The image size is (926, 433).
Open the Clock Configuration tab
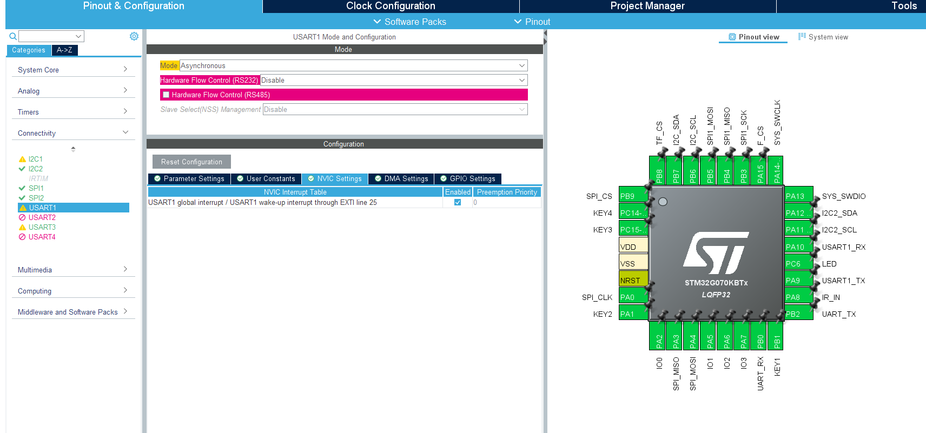coord(391,6)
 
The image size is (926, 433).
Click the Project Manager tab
coord(647,6)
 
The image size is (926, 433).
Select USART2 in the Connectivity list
coord(42,217)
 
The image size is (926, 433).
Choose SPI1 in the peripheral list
coord(36,188)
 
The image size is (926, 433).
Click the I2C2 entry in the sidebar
coord(36,169)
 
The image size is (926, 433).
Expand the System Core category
coord(73,70)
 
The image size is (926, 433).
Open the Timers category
coord(73,112)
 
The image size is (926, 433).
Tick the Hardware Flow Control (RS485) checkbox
coord(166,95)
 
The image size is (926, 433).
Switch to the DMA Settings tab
coord(401,178)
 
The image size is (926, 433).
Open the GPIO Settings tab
coord(467,178)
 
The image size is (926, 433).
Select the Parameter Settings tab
coord(189,178)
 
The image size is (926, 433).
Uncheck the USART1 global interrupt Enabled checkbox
coord(458,203)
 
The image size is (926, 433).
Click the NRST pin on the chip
coord(633,280)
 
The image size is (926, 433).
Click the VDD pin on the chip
coord(633,247)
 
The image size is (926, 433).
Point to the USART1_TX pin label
coord(843,281)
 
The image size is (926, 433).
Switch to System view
coord(823,37)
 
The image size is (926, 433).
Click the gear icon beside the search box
coord(134,36)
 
